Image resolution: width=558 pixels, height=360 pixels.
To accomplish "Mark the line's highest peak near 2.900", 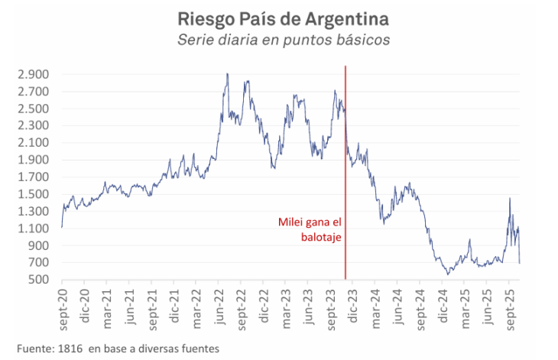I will (228, 74).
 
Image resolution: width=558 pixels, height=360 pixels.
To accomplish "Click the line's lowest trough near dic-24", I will (448, 274).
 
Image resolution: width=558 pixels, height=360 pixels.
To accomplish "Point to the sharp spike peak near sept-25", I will (510, 199).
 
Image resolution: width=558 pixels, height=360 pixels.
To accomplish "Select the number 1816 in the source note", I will (70, 349).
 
